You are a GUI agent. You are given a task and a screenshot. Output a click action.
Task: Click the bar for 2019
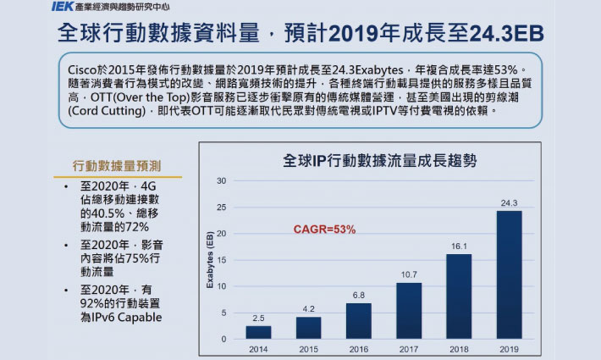509,274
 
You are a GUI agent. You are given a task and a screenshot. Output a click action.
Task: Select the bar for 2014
259,332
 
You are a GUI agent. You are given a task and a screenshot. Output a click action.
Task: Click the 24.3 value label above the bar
509,202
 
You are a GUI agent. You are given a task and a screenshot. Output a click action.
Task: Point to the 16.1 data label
459,246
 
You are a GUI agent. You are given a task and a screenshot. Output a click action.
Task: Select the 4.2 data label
309,308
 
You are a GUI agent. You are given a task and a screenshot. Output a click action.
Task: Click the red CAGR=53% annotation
324,230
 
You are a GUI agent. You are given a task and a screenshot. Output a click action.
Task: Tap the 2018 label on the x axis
459,348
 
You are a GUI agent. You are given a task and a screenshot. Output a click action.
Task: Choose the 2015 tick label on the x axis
309,348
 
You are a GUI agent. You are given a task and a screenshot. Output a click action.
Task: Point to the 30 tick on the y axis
221,180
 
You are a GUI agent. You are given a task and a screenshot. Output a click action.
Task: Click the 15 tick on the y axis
221,260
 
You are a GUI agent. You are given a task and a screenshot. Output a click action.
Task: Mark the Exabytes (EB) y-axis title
210,261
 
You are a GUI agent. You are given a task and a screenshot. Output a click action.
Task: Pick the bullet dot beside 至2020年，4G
66,186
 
